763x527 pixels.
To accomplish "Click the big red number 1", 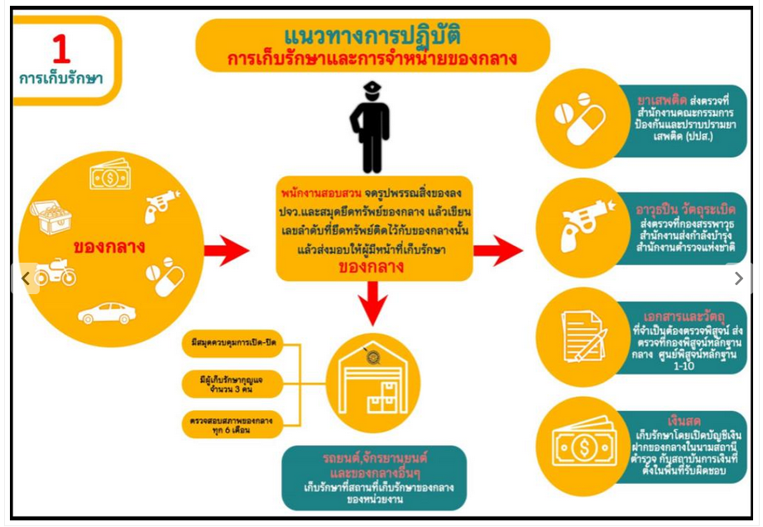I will tap(61, 50).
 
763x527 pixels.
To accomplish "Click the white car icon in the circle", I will tap(106, 313).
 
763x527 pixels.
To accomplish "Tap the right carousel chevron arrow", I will tap(738, 279).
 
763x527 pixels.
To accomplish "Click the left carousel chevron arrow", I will tap(25, 279).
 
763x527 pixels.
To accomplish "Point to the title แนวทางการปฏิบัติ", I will tap(372, 37).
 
